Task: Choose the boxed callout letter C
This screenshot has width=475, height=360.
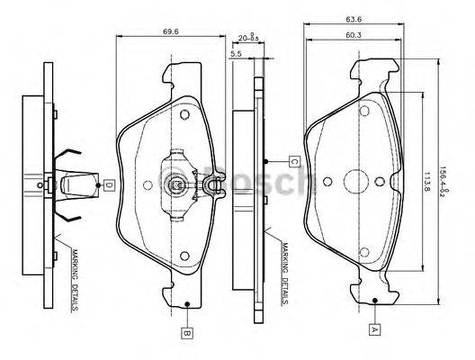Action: point(293,162)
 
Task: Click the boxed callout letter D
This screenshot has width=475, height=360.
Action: point(108,185)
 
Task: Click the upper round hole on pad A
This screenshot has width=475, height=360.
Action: point(366,111)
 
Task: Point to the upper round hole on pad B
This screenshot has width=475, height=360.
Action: point(184,116)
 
